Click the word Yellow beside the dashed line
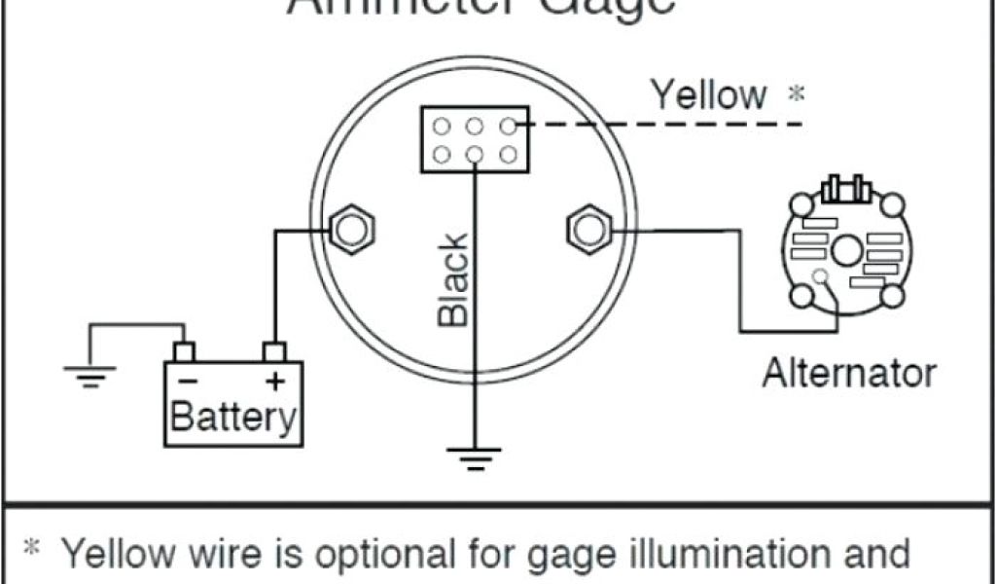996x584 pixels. (708, 95)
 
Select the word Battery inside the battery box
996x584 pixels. (232, 417)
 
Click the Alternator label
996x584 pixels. (849, 373)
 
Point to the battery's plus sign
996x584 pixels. (275, 383)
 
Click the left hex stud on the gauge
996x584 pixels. (349, 229)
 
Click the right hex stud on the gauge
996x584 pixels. (587, 229)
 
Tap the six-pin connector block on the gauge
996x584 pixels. (475, 140)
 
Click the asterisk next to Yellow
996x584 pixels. (797, 95)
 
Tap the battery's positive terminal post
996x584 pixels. (275, 351)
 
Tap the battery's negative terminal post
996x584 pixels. (183, 351)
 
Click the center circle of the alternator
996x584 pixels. (845, 250)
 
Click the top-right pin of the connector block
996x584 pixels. (508, 126)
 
